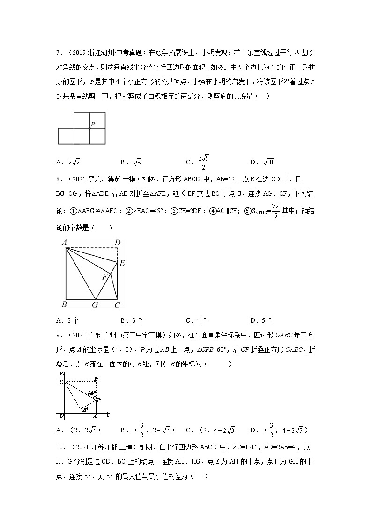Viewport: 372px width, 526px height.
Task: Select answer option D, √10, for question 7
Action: click(263, 163)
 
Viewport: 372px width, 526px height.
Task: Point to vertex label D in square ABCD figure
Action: click(118, 242)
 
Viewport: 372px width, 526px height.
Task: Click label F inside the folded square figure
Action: click(105, 277)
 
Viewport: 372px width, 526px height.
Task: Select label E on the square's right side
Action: click(122, 263)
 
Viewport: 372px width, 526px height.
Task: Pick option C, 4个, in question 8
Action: click(197, 321)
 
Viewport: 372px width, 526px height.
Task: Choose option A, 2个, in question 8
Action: click(67, 321)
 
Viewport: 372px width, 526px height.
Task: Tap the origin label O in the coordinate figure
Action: click(61, 415)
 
